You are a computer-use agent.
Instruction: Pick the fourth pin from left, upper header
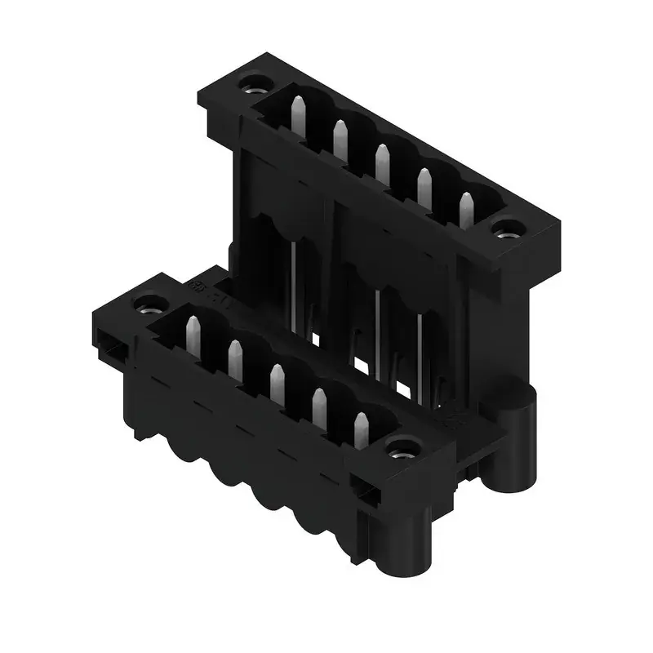(x=424, y=185)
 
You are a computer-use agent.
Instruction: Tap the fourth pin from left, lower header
(x=319, y=406)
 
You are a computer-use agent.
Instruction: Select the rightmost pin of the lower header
(x=361, y=429)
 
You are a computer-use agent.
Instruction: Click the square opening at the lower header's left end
(x=112, y=346)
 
